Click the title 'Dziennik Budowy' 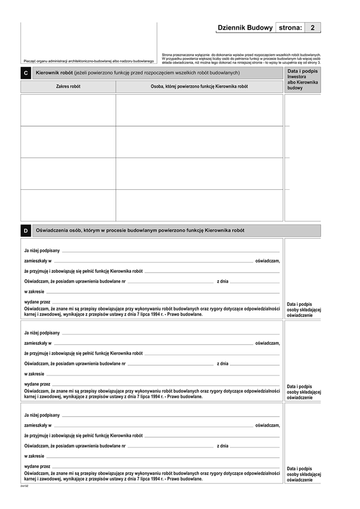coord(244,27)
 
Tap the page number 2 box coord(313,27)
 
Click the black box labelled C coord(26,74)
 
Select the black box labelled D coord(26,231)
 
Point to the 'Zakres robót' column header coord(68,86)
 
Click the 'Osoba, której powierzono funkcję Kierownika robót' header coord(199,86)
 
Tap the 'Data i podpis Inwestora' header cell coord(303,74)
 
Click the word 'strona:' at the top coord(290,27)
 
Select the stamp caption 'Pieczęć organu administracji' coord(89,61)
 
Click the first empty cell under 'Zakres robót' coord(68,110)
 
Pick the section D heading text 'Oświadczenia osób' coord(140,230)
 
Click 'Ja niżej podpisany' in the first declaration coord(42,250)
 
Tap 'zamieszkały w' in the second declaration coord(38,343)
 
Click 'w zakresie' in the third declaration coord(34,456)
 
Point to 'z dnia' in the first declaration coord(222,281)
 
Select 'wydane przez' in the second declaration coord(37,384)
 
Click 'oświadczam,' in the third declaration coord(267,425)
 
